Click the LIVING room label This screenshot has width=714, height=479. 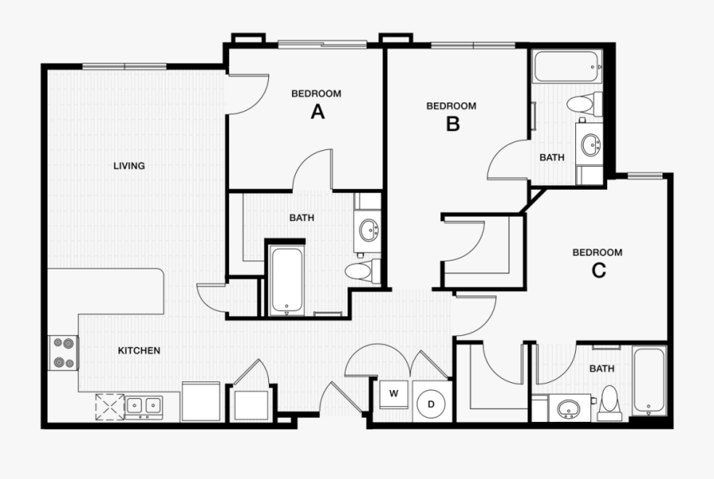[129, 166]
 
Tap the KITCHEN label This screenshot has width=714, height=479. [140, 350]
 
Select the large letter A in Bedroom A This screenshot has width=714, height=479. [317, 112]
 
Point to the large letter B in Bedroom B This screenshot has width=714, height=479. [452, 124]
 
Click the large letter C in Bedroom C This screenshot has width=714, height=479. [598, 270]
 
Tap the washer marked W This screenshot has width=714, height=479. [393, 394]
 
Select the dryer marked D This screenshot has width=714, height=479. [432, 404]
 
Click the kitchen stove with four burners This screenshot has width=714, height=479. [64, 353]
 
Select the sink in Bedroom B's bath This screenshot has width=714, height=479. [590, 144]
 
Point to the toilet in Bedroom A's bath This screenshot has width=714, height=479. [360, 270]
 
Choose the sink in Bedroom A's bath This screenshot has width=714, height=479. [369, 230]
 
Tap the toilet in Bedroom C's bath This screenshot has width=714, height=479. [610, 402]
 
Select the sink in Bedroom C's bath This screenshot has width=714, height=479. [566, 409]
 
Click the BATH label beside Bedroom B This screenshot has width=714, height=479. [552, 157]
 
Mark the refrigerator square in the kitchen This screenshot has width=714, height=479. [201, 401]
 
